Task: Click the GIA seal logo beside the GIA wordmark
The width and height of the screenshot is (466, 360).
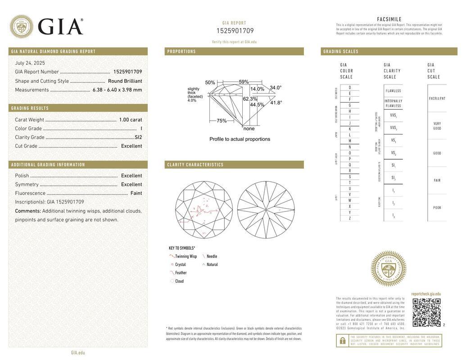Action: pyautogui.click(x=21, y=26)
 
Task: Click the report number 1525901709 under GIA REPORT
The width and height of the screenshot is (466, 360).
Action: pyautogui.click(x=235, y=31)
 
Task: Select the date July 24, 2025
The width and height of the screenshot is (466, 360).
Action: pyautogui.click(x=30, y=63)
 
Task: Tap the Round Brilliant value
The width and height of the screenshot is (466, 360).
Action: pyautogui.click(x=125, y=81)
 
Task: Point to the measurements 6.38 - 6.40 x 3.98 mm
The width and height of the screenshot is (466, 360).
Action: pyautogui.click(x=117, y=90)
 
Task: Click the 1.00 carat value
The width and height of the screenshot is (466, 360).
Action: pyautogui.click(x=130, y=120)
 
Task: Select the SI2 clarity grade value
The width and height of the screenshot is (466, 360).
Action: pyautogui.click(x=138, y=137)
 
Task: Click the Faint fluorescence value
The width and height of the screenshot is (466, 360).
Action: pyautogui.click(x=136, y=193)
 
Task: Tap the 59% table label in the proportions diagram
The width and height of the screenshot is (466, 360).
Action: pyautogui.click(x=244, y=82)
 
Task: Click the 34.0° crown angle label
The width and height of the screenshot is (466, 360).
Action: pyautogui.click(x=276, y=88)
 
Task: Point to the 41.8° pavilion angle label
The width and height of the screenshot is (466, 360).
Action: pyautogui.click(x=276, y=103)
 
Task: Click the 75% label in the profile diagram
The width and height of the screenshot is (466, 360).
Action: pyautogui.click(x=222, y=121)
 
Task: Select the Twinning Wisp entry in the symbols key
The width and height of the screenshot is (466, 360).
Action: pyautogui.click(x=185, y=256)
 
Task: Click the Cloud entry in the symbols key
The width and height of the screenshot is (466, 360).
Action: pyautogui.click(x=179, y=281)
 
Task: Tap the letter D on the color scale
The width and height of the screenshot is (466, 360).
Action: pyautogui.click(x=350, y=87)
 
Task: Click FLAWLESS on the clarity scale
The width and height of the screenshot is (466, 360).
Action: pyautogui.click(x=393, y=91)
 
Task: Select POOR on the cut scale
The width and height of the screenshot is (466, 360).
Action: pyautogui.click(x=437, y=208)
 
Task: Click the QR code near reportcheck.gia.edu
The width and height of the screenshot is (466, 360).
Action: pyautogui.click(x=426, y=312)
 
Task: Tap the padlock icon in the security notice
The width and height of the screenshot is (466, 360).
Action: pyautogui.click(x=342, y=341)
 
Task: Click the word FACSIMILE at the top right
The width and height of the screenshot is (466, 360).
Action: pyautogui.click(x=389, y=19)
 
